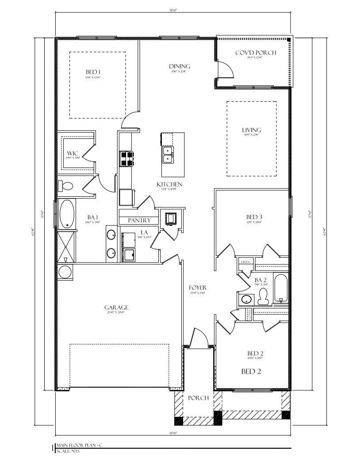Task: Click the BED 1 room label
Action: point(93,72)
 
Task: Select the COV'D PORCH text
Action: point(255,53)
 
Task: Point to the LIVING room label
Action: point(251,130)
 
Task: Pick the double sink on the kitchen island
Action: point(168,154)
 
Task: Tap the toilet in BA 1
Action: point(65,186)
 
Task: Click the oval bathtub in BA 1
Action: point(67,214)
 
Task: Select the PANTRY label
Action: point(139,220)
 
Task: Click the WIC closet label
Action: point(73,153)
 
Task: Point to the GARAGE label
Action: point(116,307)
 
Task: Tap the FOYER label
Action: point(198,288)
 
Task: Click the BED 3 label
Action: point(254,217)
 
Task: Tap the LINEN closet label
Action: point(246,262)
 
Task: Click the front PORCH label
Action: point(198,398)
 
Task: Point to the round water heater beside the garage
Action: point(65,272)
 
